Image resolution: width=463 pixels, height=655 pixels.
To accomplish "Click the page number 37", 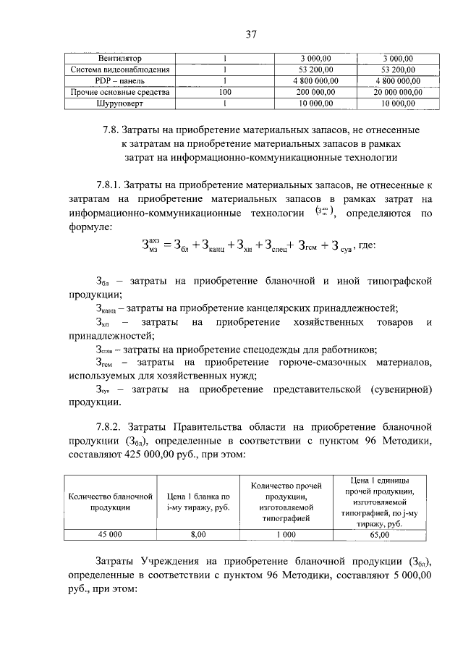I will (251, 34).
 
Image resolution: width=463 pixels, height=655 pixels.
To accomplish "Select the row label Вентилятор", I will (120, 58).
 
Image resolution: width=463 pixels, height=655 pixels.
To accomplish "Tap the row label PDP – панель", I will (120, 81).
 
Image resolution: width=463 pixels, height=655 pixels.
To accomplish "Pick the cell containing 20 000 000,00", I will (397, 93).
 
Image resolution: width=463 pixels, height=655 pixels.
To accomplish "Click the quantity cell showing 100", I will (225, 93).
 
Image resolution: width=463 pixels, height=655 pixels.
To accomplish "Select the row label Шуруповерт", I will (120, 104).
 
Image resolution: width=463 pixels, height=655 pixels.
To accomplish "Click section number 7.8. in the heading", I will (113, 130).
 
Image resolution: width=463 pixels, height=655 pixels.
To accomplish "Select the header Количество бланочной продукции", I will (111, 502).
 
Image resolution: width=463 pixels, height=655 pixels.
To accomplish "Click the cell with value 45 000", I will (111, 535).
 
